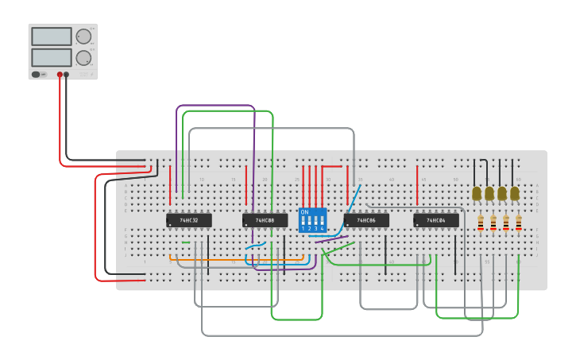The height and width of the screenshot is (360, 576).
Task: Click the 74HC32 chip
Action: [188, 220]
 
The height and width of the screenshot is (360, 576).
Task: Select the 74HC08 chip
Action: [265, 220]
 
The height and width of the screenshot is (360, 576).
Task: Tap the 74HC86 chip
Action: [365, 220]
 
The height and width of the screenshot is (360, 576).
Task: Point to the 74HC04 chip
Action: [435, 220]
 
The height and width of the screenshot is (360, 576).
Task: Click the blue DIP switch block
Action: [312, 220]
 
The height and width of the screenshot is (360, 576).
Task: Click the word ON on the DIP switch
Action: [304, 212]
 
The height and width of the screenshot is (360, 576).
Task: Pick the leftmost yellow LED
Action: [477, 193]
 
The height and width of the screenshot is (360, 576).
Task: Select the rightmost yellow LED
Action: [515, 193]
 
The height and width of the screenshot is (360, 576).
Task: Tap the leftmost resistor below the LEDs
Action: [480, 224]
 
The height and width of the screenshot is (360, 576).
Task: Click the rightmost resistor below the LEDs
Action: [518, 224]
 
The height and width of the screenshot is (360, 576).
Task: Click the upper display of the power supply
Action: [51, 37]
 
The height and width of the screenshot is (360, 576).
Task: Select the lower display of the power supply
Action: [51, 57]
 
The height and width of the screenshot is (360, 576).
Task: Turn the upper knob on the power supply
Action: [83, 36]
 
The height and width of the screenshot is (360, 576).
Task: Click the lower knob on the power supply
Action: [83, 57]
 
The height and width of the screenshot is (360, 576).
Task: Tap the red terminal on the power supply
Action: [60, 75]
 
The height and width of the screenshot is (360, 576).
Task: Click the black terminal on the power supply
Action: [66, 75]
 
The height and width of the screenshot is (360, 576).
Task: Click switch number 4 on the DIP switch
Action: [322, 221]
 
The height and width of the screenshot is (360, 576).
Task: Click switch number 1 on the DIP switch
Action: [303, 221]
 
